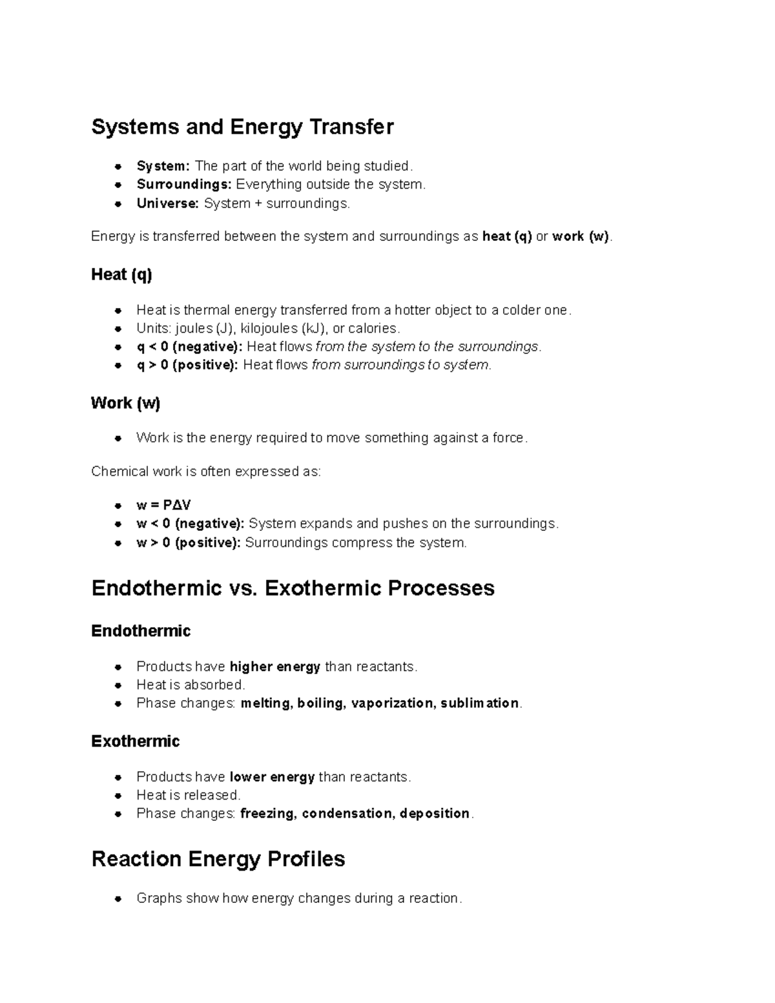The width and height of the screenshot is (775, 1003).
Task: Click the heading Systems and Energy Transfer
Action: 242,127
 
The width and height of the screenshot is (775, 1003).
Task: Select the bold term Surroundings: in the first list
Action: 183,185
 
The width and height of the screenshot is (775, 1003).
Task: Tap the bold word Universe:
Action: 167,203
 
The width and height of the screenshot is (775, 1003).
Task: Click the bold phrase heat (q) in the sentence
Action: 507,236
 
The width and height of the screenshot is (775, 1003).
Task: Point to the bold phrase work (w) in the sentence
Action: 581,236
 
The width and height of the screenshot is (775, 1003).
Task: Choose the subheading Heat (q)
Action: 121,275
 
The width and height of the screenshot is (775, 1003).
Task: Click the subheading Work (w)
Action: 125,403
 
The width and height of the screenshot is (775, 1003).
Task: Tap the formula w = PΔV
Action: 163,505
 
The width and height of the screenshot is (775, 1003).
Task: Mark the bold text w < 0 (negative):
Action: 190,524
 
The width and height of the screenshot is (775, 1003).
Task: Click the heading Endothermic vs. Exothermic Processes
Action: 293,588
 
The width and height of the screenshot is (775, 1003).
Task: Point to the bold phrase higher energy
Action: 275,667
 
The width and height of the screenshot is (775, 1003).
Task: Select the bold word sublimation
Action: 480,703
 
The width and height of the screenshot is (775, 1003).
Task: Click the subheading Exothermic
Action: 135,741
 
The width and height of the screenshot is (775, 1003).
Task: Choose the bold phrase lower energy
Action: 272,777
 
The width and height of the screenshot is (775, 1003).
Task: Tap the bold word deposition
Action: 434,814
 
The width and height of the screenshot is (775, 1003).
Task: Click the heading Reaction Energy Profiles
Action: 218,859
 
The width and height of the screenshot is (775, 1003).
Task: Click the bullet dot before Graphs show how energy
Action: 118,899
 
